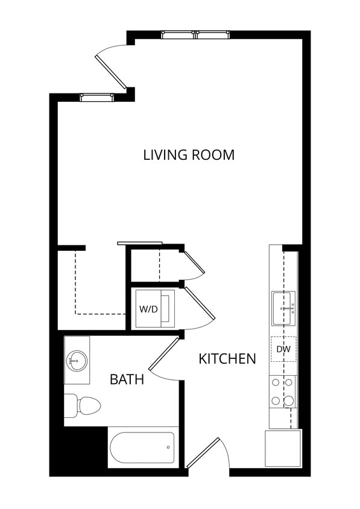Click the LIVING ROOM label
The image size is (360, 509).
coord(189,154)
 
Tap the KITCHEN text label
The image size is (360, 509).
coord(227,359)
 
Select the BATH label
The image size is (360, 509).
coord(127,379)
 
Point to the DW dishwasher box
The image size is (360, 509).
coord(283,349)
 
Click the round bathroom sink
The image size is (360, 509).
coord(77,361)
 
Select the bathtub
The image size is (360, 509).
coord(143,447)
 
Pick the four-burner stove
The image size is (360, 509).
coord(283,391)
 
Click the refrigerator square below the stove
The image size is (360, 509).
coord(282,447)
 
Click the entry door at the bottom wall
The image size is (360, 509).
coord(206,454)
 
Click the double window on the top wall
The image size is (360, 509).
coord(196,34)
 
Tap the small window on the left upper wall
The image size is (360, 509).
coord(97,97)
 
